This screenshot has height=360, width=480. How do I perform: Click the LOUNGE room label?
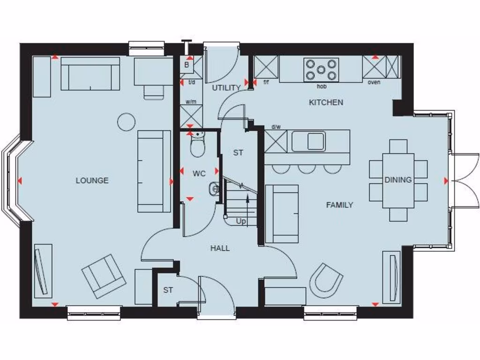pyautogui.click(x=92, y=180)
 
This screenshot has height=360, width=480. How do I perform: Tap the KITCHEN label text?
pyautogui.click(x=326, y=102)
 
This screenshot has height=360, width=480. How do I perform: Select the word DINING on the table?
pyautogui.click(x=398, y=180)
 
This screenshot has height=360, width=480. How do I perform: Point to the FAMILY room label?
pyautogui.click(x=339, y=205)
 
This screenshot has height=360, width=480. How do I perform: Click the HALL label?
pyautogui.click(x=220, y=248)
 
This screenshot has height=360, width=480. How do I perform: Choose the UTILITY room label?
pyautogui.click(x=226, y=88)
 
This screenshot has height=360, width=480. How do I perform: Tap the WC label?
pyautogui.click(x=199, y=173)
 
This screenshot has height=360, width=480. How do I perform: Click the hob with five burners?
pyautogui.click(x=321, y=69)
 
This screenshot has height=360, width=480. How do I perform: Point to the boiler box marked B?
pyautogui.click(x=187, y=65)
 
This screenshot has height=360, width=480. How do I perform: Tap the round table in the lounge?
pyautogui.click(x=126, y=122)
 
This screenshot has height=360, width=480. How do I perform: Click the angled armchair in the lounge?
pyautogui.click(x=104, y=277)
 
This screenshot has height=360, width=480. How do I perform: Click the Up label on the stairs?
pyautogui.click(x=241, y=221)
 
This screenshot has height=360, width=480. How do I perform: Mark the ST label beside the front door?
pyautogui.click(x=168, y=290)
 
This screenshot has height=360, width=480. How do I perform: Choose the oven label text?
pyautogui.click(x=374, y=82)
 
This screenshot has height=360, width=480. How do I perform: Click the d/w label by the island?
pyautogui.click(x=276, y=127)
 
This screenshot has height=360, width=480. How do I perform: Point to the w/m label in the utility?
pyautogui.click(x=190, y=101)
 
